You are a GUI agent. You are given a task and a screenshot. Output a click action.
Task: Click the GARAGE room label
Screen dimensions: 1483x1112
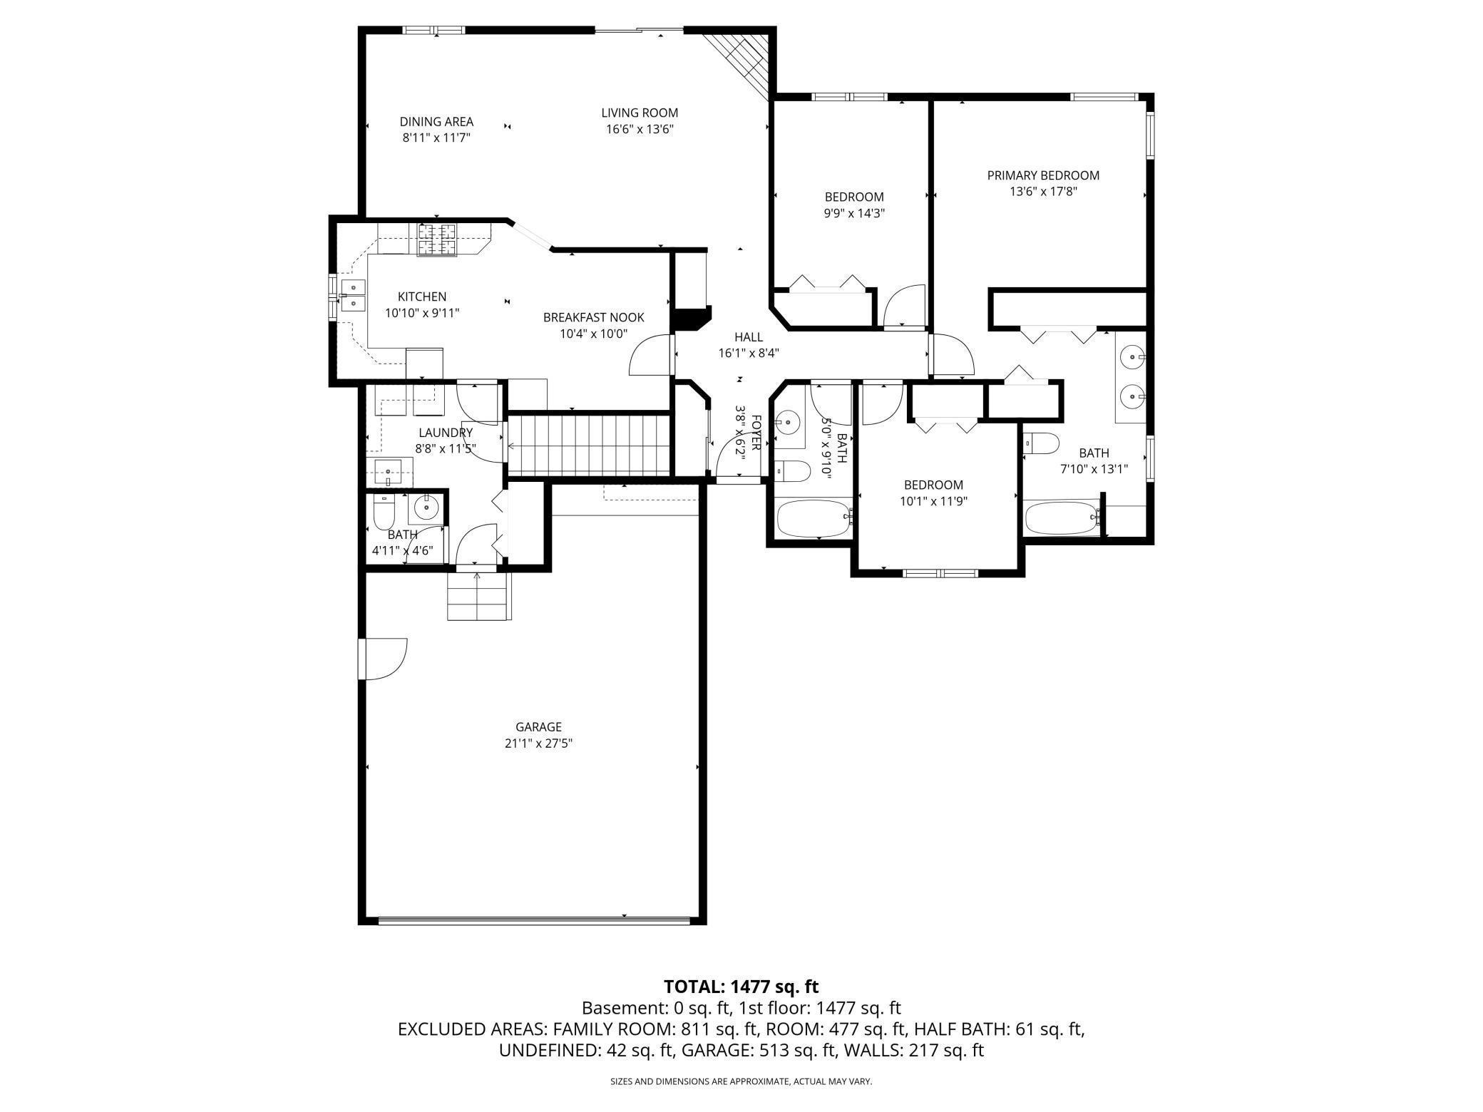(538, 727)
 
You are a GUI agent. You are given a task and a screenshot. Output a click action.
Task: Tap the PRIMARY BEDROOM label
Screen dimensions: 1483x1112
(1043, 175)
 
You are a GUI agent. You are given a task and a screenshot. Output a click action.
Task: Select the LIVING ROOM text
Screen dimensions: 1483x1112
(640, 113)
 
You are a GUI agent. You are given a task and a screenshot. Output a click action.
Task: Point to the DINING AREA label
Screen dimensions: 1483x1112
(436, 122)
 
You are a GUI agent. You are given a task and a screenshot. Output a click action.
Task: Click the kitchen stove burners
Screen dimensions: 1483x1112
(436, 240)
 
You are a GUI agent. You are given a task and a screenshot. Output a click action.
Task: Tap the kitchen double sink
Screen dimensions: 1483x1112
(352, 295)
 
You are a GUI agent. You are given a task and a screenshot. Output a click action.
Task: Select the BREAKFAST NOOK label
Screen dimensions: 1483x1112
(593, 317)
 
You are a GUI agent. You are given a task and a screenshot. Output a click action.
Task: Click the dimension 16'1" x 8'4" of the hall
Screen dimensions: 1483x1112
(749, 352)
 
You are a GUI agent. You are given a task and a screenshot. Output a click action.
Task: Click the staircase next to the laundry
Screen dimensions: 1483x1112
(589, 445)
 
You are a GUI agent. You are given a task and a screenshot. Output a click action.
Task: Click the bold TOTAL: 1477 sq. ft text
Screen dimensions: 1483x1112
(741, 987)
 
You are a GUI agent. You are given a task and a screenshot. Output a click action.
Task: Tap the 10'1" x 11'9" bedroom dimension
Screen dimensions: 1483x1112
(933, 501)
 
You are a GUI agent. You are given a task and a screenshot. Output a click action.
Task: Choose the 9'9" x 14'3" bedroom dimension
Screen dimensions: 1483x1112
(854, 213)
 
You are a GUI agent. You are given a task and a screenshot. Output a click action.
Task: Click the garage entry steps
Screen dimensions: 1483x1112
(479, 596)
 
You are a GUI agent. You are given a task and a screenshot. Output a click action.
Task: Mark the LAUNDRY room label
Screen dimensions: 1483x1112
(446, 433)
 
